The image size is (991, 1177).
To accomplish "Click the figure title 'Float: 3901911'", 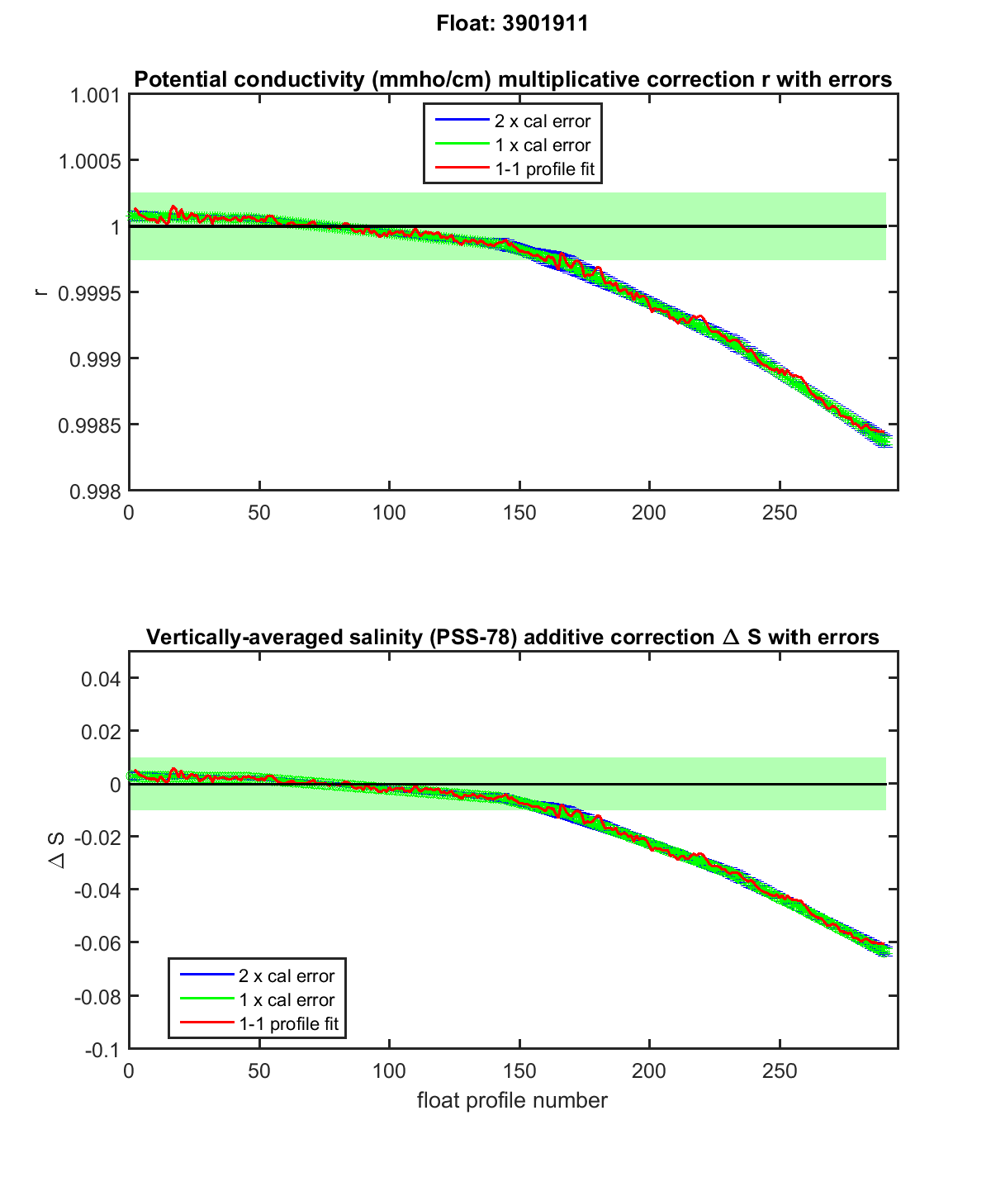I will (512, 24).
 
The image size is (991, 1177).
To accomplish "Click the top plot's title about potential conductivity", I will (512, 79).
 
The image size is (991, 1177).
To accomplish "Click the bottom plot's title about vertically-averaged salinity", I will (512, 637).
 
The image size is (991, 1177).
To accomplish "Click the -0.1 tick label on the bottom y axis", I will (103, 1049).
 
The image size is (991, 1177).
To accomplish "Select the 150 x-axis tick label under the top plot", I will (519, 513).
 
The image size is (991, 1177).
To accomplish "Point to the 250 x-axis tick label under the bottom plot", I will (780, 1071).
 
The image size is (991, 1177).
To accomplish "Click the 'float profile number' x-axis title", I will (512, 1100).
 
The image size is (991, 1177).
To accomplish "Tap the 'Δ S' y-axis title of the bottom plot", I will (57, 850).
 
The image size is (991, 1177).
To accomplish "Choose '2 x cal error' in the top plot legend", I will (543, 121).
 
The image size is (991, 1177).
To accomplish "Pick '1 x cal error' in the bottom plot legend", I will (287, 1000).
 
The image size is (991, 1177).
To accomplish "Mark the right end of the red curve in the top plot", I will (889, 435).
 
